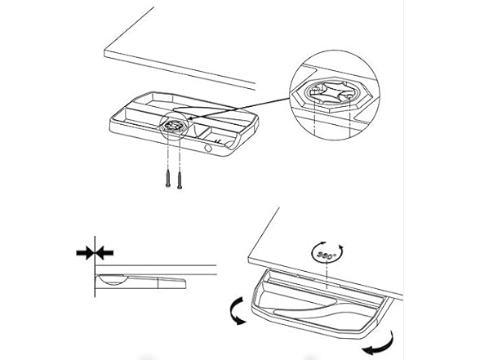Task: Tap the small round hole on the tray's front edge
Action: [211, 149]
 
